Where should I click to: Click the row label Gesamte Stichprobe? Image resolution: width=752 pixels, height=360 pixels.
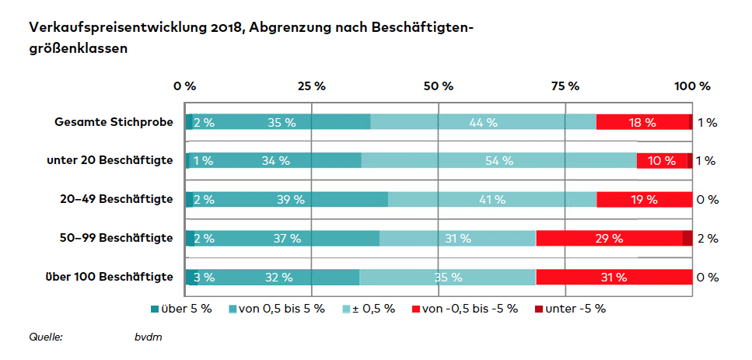click(x=114, y=122)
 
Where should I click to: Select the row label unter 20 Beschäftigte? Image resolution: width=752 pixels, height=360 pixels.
click(x=110, y=161)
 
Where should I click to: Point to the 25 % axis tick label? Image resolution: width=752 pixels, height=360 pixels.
click(x=311, y=86)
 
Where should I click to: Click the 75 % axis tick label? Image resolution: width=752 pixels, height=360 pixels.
click(x=565, y=86)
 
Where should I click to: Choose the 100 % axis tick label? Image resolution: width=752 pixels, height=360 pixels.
click(x=691, y=86)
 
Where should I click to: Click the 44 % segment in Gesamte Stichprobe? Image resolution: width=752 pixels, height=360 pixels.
click(x=483, y=122)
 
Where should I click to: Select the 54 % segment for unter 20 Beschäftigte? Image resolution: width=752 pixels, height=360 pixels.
click(x=498, y=161)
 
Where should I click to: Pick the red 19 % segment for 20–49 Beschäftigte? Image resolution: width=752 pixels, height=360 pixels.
click(x=644, y=200)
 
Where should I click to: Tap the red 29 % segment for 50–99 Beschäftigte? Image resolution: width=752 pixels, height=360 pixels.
click(x=609, y=239)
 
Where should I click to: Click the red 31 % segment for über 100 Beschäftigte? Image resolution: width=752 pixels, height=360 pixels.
click(x=614, y=277)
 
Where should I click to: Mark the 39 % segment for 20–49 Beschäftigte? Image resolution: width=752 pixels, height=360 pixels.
click(x=290, y=200)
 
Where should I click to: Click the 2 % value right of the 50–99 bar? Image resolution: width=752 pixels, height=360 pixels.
click(x=707, y=239)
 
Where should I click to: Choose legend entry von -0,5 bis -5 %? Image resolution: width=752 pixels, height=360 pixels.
click(x=464, y=308)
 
